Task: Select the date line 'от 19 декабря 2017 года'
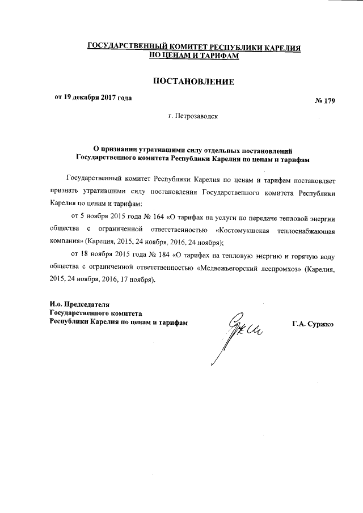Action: point(93,98)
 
